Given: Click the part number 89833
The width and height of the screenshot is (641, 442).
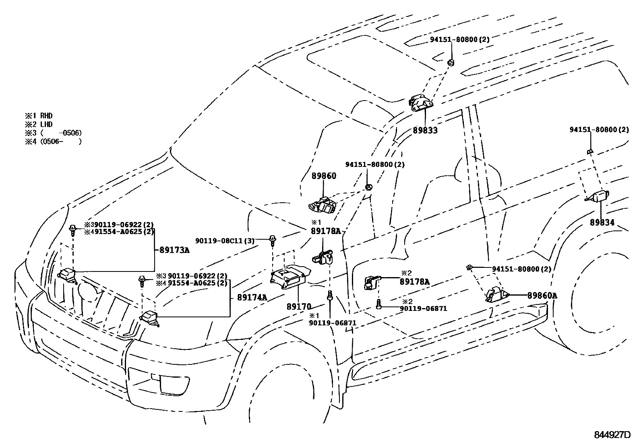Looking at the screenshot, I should tap(425, 130).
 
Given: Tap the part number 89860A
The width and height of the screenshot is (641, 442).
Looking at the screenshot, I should tap(542, 296).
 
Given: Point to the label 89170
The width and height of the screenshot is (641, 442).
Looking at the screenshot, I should tap(299, 306).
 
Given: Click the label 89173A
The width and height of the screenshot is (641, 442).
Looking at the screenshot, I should tap(174, 250).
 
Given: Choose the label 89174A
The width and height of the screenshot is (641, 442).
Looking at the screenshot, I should tap(252, 298).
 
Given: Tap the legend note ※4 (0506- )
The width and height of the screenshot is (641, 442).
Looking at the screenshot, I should tap(53, 141).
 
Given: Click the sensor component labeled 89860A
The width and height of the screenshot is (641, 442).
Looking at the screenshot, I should tap(495, 294).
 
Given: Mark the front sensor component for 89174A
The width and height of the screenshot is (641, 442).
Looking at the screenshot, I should tap(149, 316).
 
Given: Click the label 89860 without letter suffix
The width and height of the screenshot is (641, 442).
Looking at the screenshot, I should tap(323, 176).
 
